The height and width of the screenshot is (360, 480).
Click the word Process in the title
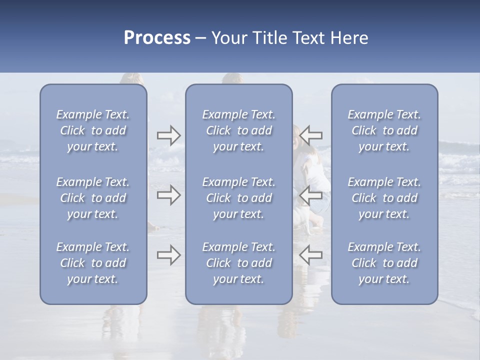[x=157, y=38]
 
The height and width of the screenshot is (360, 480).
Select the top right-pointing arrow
[x=169, y=135]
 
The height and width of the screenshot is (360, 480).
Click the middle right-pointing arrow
[x=169, y=195]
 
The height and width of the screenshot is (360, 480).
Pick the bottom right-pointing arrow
[x=169, y=255]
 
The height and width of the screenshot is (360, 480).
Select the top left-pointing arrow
[x=311, y=135]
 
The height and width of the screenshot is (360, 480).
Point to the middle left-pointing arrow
[x=311, y=195]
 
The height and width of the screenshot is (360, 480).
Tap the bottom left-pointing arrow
[x=311, y=255]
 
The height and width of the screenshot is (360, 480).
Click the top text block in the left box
[x=93, y=130]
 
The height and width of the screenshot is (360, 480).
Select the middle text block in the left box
[x=93, y=198]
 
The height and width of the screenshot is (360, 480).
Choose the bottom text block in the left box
[x=93, y=263]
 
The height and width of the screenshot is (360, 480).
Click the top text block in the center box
[x=239, y=130]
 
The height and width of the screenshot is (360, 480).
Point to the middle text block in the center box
[x=239, y=198]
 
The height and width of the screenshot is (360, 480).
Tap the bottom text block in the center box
[x=239, y=263]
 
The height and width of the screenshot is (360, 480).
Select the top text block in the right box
[x=384, y=130]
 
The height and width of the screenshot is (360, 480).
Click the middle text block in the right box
[x=384, y=198]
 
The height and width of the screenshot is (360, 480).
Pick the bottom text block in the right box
[x=384, y=263]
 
